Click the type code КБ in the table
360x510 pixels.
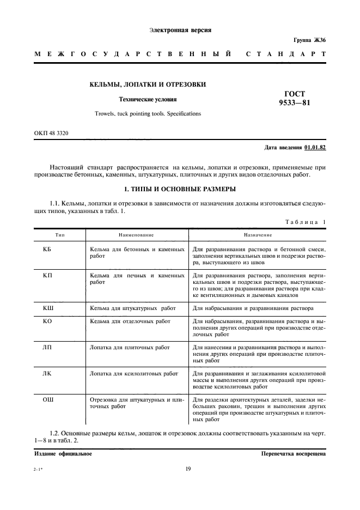click(x=46, y=248)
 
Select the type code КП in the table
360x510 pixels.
click(x=47, y=276)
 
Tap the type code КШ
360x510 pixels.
click(x=47, y=308)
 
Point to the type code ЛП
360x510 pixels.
click(x=47, y=347)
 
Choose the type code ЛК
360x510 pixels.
click(x=47, y=374)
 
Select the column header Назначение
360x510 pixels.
click(x=258, y=234)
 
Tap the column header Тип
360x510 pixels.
click(x=46, y=234)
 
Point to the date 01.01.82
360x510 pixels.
click(x=315, y=147)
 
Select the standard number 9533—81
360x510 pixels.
click(x=295, y=103)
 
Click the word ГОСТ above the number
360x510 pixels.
click(x=295, y=93)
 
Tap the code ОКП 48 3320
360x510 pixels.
click(x=51, y=133)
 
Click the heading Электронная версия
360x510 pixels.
click(x=180, y=30)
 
